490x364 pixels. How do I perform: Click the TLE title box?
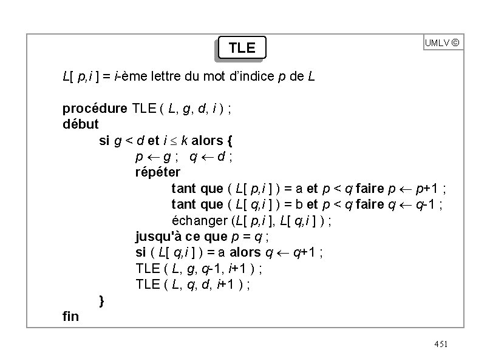242,48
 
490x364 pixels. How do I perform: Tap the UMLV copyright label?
442,43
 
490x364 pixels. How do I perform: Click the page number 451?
441,344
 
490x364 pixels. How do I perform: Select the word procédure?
95,109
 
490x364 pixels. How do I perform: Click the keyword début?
81,124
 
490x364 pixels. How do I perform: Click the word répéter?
157,172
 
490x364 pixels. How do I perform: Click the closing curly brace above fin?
102,300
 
